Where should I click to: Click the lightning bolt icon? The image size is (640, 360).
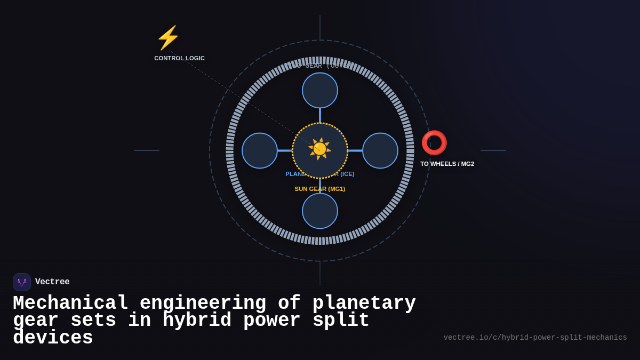click(x=168, y=38)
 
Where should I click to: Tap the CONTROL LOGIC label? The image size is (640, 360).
click(x=179, y=58)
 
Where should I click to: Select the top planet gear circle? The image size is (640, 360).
click(x=320, y=90)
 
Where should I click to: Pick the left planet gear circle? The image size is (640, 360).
click(x=260, y=150)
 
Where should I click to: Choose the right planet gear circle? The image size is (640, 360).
click(x=380, y=150)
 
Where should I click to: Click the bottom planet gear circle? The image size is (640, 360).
click(x=320, y=211)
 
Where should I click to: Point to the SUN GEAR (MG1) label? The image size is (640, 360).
click(x=320, y=189)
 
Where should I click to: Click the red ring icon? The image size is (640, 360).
click(x=434, y=143)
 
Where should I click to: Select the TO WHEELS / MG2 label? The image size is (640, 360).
click(x=447, y=164)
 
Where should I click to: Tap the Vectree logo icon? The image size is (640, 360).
click(x=22, y=282)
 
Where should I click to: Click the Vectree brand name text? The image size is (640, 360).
click(x=52, y=282)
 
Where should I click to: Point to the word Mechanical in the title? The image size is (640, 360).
click(x=70, y=303)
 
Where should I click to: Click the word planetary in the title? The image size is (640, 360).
click(x=364, y=303)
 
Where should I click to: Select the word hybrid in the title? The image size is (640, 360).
click(x=197, y=321)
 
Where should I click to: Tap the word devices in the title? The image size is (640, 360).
click(x=53, y=338)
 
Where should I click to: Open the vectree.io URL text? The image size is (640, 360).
click(x=535, y=338)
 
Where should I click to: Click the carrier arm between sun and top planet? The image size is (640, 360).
click(x=320, y=115)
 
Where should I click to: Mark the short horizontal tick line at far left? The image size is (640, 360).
click(x=147, y=150)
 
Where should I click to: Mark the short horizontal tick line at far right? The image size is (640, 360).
click(x=493, y=150)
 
